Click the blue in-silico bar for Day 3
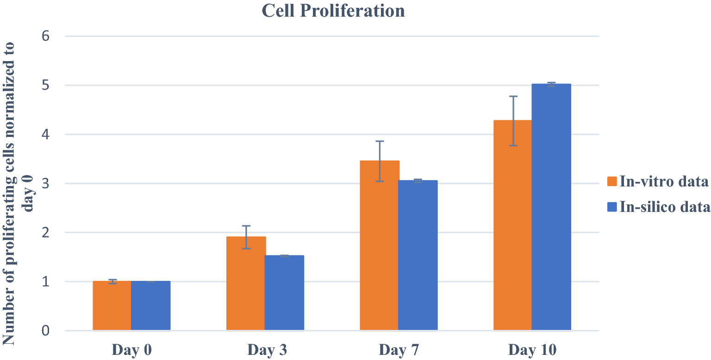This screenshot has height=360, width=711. pyautogui.click(x=284, y=293)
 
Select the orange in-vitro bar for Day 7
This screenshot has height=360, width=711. pyautogui.click(x=380, y=246)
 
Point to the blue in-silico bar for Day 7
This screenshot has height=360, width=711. pyautogui.click(x=418, y=255)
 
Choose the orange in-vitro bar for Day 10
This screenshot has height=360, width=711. pyautogui.click(x=512, y=225)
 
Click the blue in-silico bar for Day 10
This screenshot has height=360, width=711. pyautogui.click(x=551, y=207)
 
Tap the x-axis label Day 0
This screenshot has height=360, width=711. pyautogui.click(x=132, y=349)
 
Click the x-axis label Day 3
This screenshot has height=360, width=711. pyautogui.click(x=266, y=349)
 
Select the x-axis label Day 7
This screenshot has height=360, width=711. pyautogui.click(x=399, y=349)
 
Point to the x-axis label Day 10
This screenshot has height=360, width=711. pyautogui.click(x=532, y=349)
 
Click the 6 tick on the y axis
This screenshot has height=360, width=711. pyautogui.click(x=45, y=36)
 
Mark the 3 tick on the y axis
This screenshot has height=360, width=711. pyautogui.click(x=45, y=184)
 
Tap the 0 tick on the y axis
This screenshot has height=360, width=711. pyautogui.click(x=45, y=331)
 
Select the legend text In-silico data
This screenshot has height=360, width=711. pyautogui.click(x=664, y=207)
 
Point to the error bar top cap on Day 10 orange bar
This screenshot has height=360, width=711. pyautogui.click(x=512, y=96)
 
